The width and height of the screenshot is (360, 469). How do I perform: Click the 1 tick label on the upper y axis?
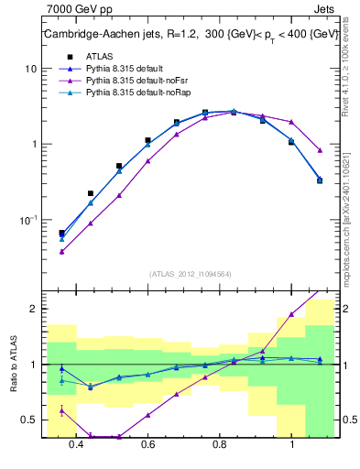pos(34,145)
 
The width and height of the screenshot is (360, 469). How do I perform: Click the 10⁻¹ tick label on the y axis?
pos(29,220)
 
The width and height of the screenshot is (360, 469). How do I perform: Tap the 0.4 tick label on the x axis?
pos(76,445)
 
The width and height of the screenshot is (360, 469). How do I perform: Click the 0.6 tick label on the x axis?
pos(148,445)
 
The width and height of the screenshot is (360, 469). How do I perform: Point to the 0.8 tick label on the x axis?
pos(220,445)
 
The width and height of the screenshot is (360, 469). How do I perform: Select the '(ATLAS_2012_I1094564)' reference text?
pos(190,273)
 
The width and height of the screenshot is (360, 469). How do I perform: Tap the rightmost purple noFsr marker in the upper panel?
pos(320,150)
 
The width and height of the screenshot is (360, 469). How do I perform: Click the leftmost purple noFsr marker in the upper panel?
pos(61,251)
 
